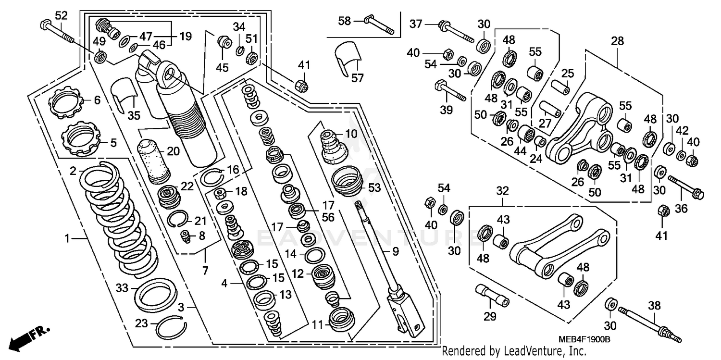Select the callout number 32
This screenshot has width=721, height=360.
click(x=502, y=191)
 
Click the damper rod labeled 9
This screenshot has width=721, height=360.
click(x=385, y=255)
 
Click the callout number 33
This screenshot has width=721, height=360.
click(x=122, y=288)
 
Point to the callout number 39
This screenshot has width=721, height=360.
click(x=447, y=110)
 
